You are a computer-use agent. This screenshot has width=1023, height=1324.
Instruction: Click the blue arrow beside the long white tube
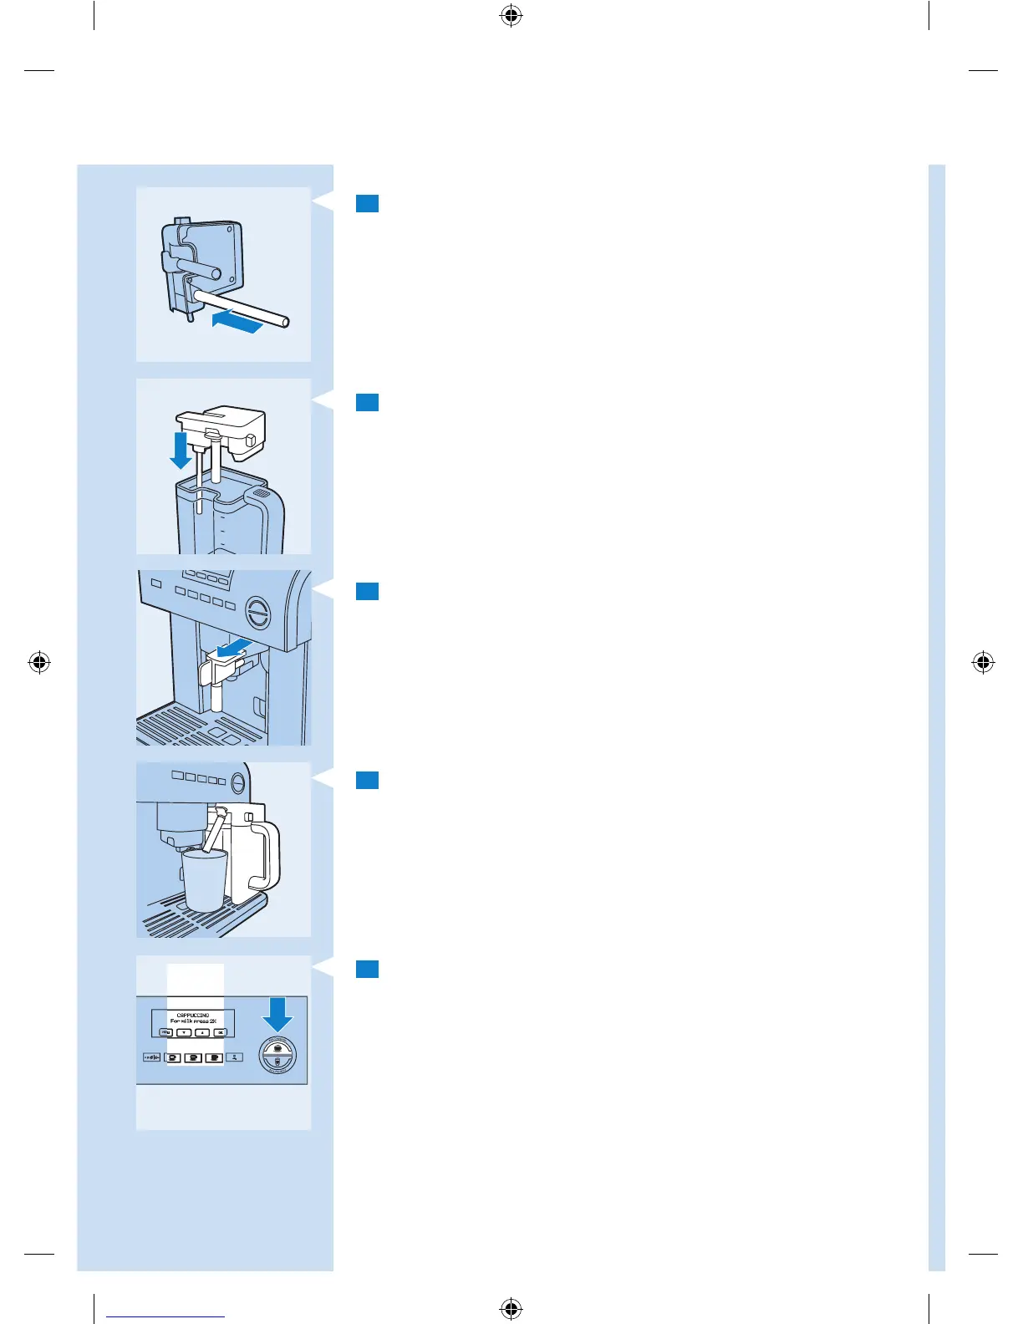click(238, 322)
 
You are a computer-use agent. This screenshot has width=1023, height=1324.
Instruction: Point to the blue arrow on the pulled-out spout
click(233, 647)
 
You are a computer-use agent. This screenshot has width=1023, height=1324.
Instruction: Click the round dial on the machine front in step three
click(258, 614)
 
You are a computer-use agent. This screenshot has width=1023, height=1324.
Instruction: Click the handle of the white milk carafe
click(267, 857)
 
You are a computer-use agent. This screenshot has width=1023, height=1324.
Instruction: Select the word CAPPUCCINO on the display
click(193, 1015)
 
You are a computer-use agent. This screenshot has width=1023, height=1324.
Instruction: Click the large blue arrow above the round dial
click(277, 1016)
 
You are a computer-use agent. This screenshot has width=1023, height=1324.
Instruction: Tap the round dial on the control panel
click(277, 1057)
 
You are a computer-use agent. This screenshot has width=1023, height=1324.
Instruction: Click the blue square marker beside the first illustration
click(368, 203)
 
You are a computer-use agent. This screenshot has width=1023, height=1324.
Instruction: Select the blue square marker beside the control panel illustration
click(368, 969)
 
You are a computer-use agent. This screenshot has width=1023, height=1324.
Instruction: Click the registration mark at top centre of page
click(511, 16)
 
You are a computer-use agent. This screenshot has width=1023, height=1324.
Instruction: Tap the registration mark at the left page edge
click(39, 663)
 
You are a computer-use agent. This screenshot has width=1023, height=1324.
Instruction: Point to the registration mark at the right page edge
click(984, 663)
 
